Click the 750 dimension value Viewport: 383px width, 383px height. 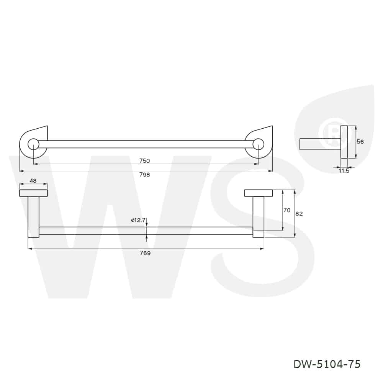(x=144, y=161)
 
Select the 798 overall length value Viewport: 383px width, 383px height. (x=144, y=175)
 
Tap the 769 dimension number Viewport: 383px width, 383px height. (x=145, y=253)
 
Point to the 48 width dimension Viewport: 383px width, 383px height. (x=33, y=181)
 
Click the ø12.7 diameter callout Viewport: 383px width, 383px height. (x=138, y=220)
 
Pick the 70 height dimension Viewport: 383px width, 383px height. (x=287, y=210)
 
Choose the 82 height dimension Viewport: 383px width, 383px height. (x=299, y=214)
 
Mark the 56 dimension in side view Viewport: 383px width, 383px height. (x=360, y=142)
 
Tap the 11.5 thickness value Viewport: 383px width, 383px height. (x=344, y=171)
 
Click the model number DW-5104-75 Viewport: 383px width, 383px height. (x=327, y=364)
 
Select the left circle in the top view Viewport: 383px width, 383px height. (x=33, y=144)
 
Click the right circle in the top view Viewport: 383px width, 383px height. (x=259, y=144)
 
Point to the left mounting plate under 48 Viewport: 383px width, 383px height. (x=33, y=193)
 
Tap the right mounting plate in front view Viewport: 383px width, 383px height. (x=259, y=193)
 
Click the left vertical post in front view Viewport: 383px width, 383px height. (x=33, y=217)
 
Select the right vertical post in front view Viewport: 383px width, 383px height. (x=259, y=217)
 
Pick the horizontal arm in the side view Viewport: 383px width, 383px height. (x=320, y=144)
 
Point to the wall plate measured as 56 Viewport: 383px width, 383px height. (x=344, y=142)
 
